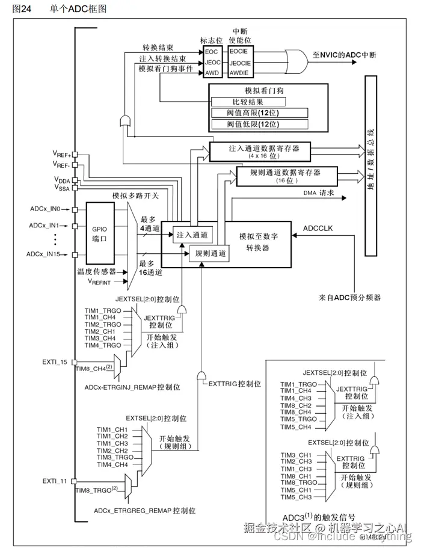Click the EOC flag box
tap(212, 52)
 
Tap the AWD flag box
tap(212, 72)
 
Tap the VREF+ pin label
tap(61, 155)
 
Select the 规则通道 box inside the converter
tap(208, 253)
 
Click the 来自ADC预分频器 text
tap(351, 298)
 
